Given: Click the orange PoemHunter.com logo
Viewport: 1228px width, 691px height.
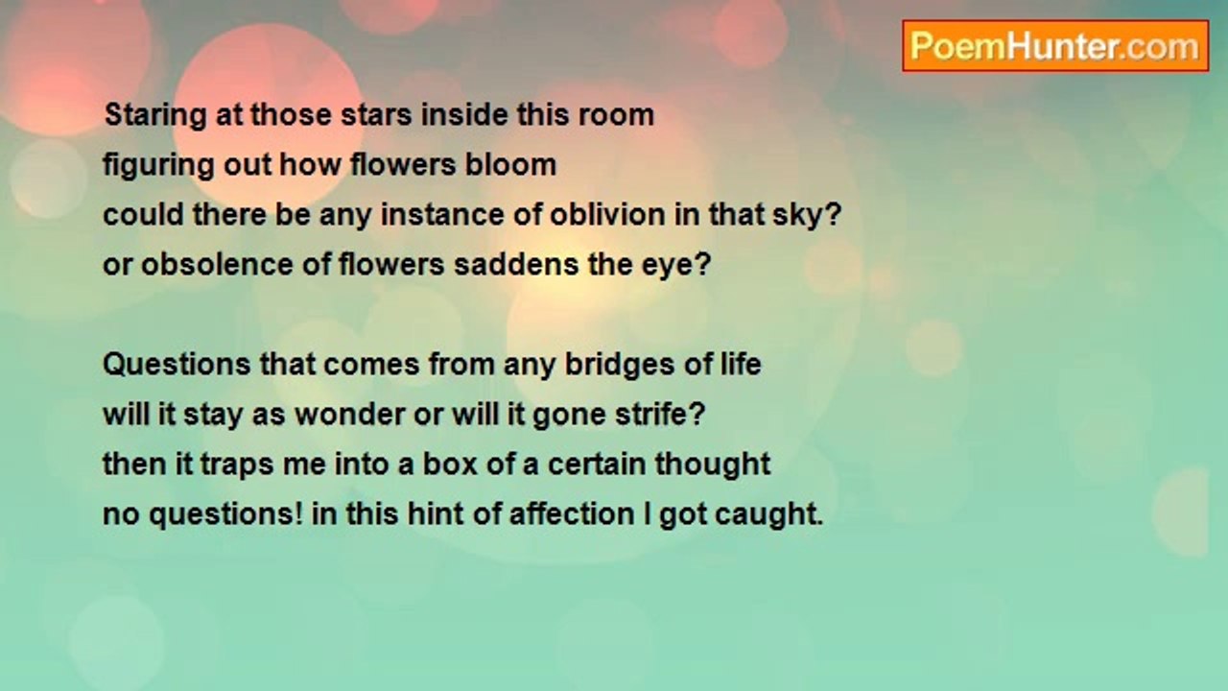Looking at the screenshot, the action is tap(1055, 46).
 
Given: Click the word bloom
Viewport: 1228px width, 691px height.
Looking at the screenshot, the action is tap(511, 164).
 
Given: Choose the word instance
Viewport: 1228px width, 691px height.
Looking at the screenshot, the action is tap(443, 214).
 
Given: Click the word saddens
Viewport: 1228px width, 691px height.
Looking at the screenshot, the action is tap(516, 264).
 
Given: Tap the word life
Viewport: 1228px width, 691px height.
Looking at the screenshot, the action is tap(741, 364).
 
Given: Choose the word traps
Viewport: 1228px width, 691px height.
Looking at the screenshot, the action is tap(237, 465).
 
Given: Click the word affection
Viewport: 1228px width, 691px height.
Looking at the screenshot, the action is tap(572, 513).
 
